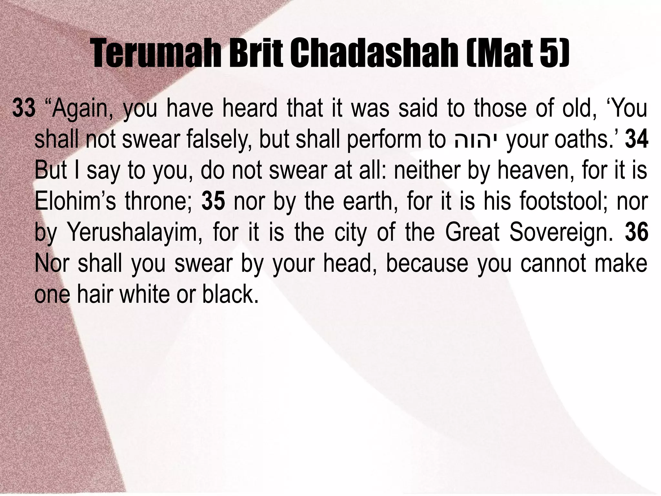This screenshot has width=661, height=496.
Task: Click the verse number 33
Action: (x=24, y=109)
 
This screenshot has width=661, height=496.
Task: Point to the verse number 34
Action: (x=636, y=140)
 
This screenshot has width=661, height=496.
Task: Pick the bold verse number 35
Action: (x=213, y=201)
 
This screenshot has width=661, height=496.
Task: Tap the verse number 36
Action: (x=636, y=232)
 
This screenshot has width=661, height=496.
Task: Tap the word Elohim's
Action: (x=75, y=201)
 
